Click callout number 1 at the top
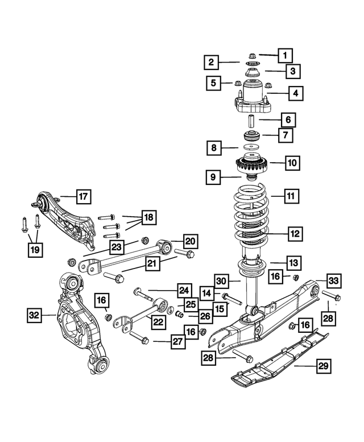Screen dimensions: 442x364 coord(284,55)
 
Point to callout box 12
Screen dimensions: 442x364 coord(293,233)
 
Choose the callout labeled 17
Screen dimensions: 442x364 coord(82,197)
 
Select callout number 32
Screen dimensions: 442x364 coord(35,313)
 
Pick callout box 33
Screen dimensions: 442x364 coord(334,279)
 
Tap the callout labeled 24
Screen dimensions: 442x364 coord(183,290)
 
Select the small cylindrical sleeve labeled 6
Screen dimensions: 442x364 coord(249,121)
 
